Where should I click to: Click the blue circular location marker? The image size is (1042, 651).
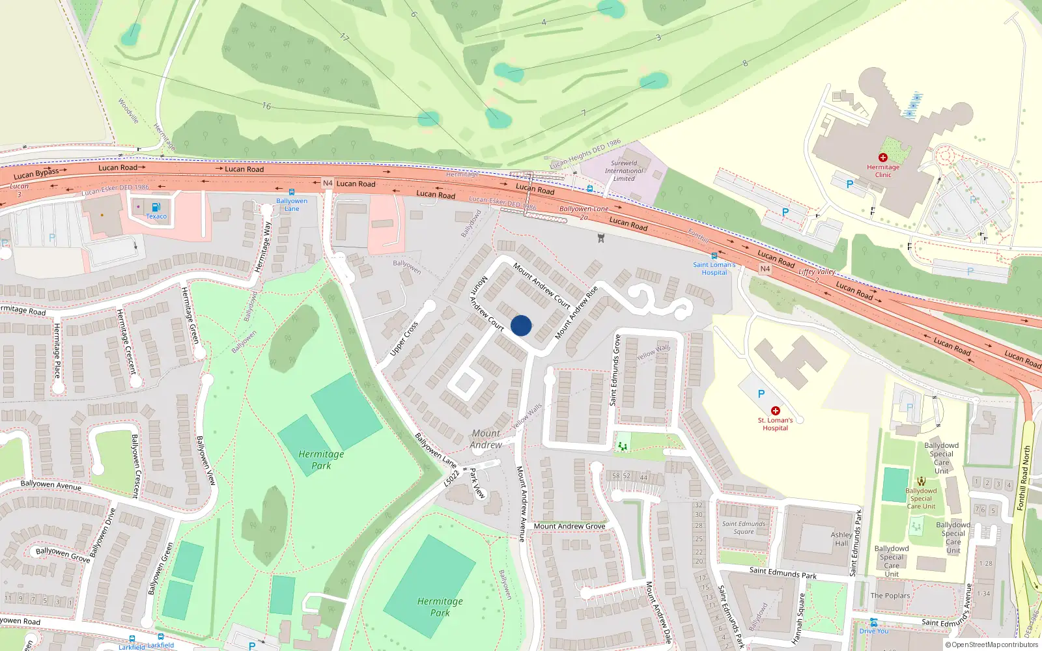click(x=521, y=325)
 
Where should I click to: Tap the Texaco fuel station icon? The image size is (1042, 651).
click(x=156, y=207)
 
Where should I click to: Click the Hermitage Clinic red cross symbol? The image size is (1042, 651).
click(x=883, y=158)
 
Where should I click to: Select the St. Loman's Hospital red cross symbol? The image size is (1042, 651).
click(x=775, y=411)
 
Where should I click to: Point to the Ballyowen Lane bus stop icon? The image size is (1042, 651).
click(x=292, y=193)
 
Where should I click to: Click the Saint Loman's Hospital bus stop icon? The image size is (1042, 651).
click(x=714, y=256)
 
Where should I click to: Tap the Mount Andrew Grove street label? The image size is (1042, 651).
click(x=569, y=526)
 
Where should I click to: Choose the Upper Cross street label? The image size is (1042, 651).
click(x=404, y=339)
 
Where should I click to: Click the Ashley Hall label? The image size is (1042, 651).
click(x=841, y=539)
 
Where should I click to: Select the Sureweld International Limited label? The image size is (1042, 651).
click(x=624, y=171)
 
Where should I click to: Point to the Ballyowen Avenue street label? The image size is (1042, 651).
click(x=51, y=485)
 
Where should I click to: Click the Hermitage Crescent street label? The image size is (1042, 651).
click(x=126, y=341)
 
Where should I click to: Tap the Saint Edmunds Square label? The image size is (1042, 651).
click(x=744, y=527)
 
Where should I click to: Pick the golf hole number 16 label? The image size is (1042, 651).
click(x=266, y=106)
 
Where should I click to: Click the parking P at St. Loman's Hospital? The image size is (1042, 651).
click(x=761, y=394)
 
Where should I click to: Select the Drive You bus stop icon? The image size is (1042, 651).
click(x=873, y=622)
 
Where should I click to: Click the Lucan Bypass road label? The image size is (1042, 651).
click(x=36, y=173)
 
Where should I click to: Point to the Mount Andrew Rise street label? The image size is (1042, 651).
click(x=576, y=313)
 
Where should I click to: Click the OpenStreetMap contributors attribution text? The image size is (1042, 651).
click(x=991, y=645)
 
